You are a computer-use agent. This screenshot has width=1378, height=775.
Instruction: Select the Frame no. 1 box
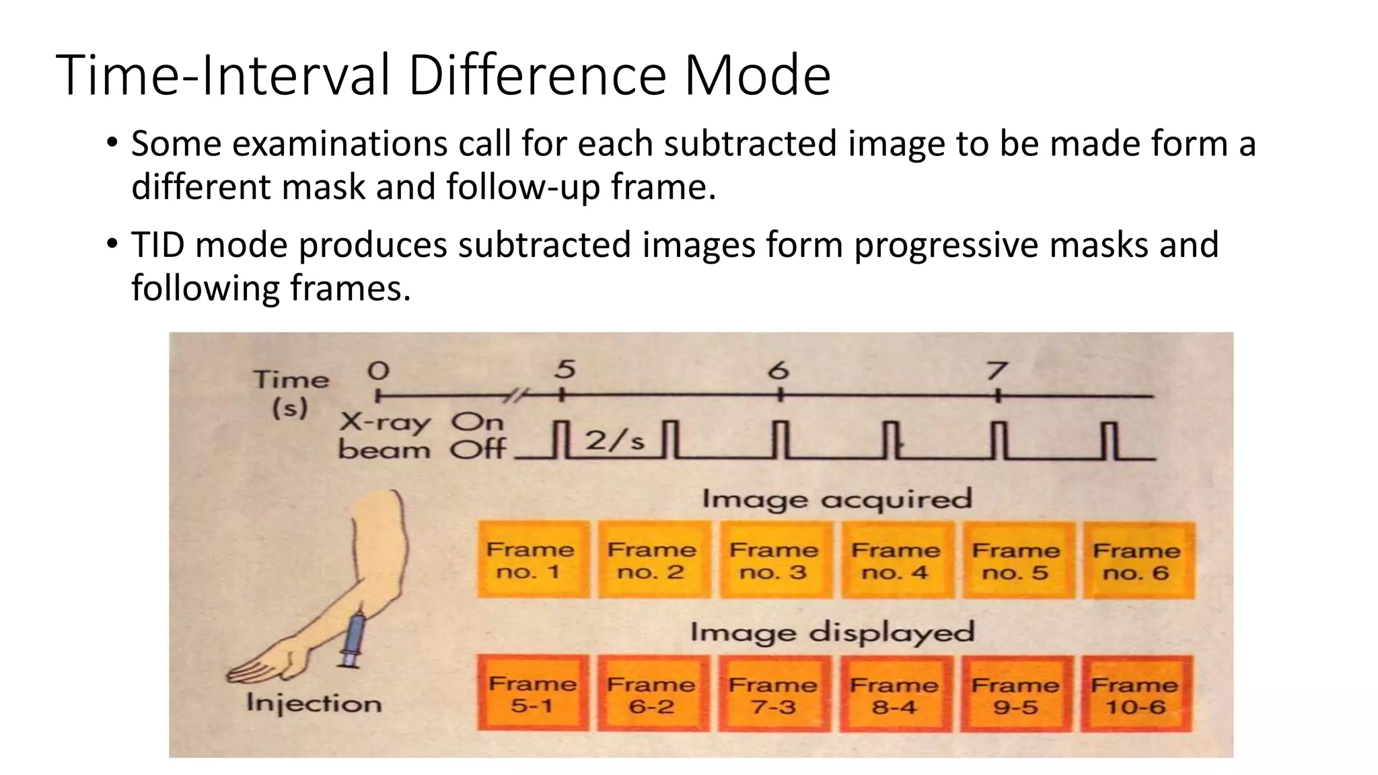point(532,560)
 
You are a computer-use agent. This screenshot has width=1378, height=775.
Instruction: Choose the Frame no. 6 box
point(1138,560)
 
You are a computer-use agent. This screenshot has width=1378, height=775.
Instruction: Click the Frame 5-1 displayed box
point(532,694)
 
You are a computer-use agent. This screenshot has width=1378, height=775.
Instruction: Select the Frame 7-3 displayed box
point(773,694)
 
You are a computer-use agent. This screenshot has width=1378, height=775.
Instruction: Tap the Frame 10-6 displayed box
point(1136,694)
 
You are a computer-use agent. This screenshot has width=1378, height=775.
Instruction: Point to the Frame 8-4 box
point(894,694)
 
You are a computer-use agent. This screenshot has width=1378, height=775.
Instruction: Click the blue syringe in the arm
point(353,639)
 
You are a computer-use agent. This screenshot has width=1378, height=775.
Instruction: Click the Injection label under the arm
point(314,703)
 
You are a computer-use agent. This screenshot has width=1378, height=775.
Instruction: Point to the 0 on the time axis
point(378,371)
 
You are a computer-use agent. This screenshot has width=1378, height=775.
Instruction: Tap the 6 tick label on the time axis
point(778,371)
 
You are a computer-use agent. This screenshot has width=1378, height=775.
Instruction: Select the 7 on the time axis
point(996,371)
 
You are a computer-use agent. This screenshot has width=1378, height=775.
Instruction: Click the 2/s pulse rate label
point(614,441)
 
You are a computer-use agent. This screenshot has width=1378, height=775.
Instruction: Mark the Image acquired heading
point(837,499)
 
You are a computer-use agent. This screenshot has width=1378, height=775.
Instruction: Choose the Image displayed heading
point(832,632)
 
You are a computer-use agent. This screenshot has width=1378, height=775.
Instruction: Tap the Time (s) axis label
point(291,394)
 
